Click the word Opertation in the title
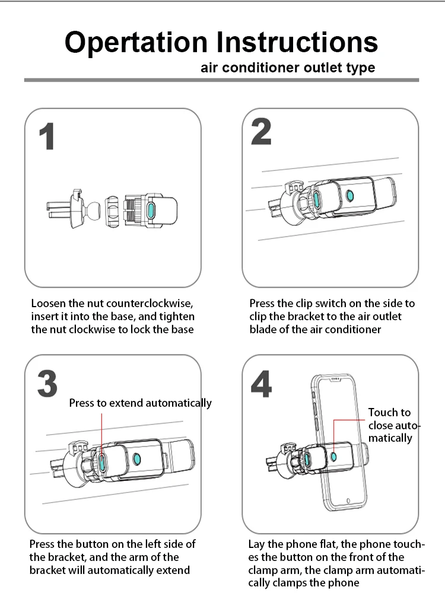(x=137, y=43)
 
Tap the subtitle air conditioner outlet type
(x=288, y=68)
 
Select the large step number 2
(x=261, y=132)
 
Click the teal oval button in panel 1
(x=151, y=211)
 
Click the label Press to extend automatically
(x=140, y=403)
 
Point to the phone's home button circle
(x=348, y=499)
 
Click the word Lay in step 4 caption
(x=256, y=544)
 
